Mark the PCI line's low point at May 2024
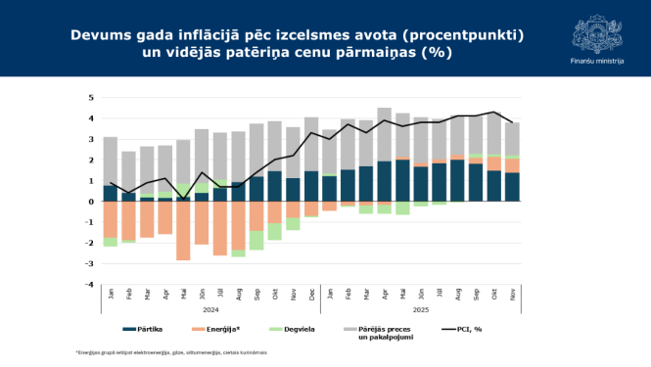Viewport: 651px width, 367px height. (183, 199)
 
